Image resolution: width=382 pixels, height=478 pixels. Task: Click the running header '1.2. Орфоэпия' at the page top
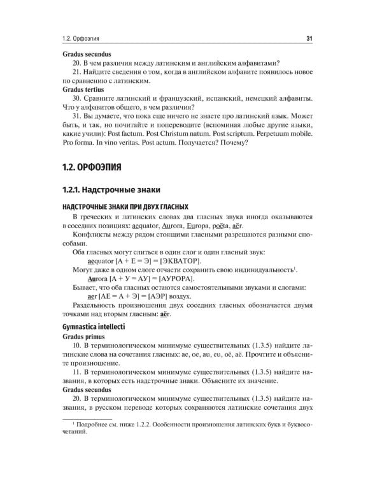(81, 39)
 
